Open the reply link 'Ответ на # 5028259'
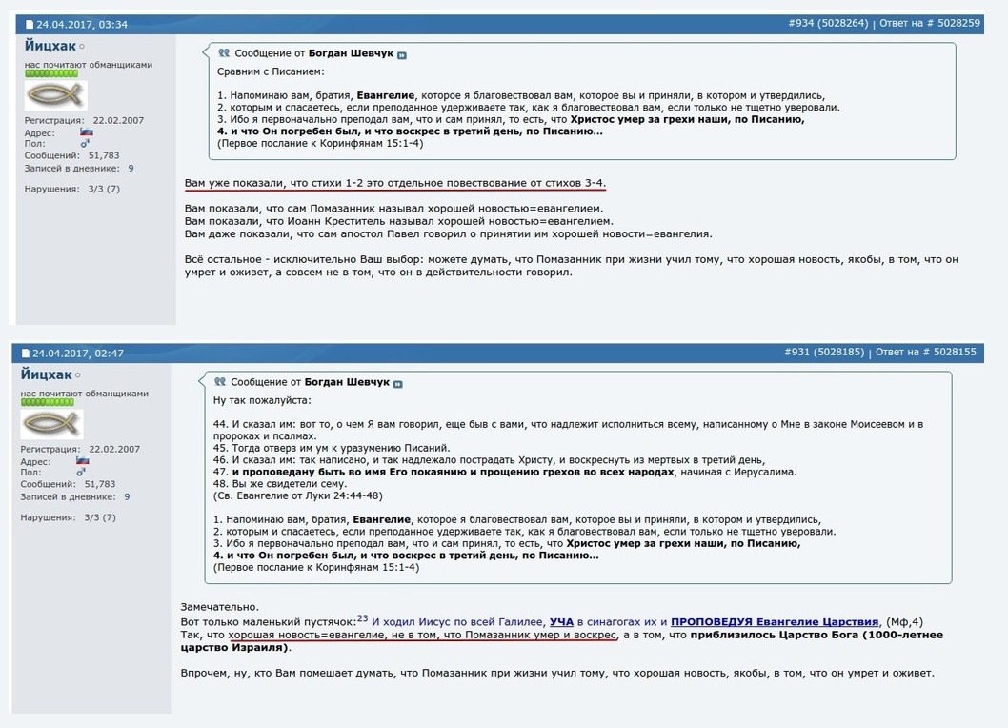[x=929, y=24]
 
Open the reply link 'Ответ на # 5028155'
[x=929, y=353]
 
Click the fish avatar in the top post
[x=55, y=95]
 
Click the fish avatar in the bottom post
[x=52, y=424]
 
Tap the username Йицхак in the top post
[x=50, y=46]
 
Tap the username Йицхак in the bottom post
[x=47, y=374]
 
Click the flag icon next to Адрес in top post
[x=86, y=132]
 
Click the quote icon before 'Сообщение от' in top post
[x=224, y=54]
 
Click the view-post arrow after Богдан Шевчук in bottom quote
[x=398, y=384]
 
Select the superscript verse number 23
[x=362, y=618]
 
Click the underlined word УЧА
[x=561, y=622]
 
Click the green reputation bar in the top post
[x=50, y=72]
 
